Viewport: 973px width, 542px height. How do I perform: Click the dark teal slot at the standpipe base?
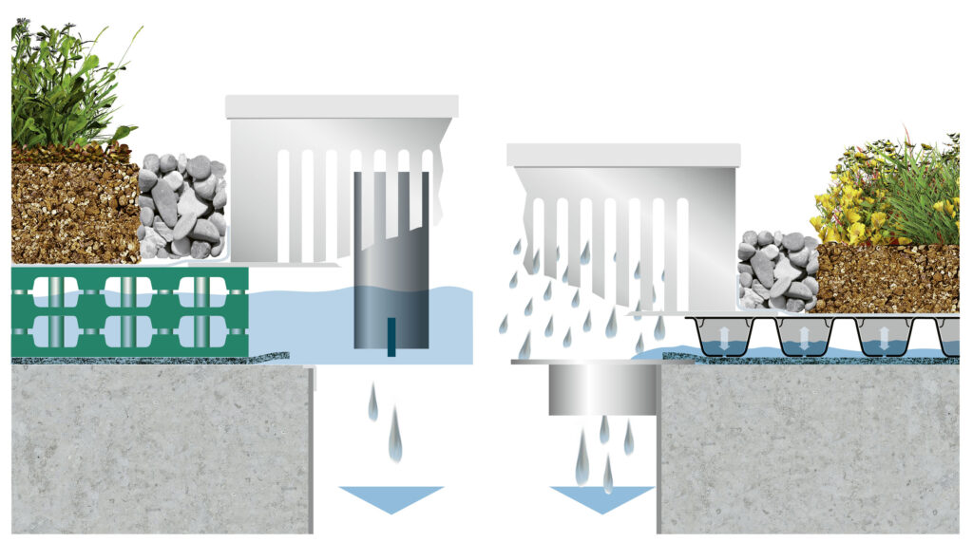[391, 338]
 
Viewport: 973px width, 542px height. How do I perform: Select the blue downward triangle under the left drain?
[391, 497]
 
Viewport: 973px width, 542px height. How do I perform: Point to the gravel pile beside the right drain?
[777, 271]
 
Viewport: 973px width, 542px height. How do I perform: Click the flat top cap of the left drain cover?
[342, 106]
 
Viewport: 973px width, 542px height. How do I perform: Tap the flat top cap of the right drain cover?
[623, 155]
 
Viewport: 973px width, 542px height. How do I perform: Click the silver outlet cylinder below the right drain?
[601, 389]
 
